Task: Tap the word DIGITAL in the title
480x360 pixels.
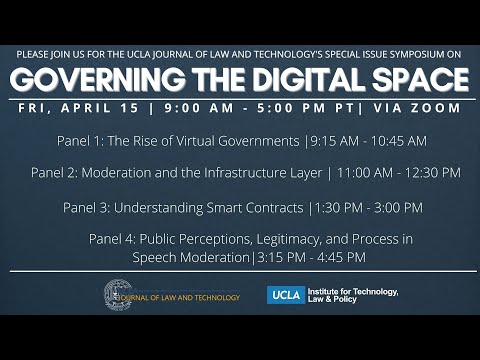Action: [304, 79]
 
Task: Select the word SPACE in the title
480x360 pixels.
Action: [419, 79]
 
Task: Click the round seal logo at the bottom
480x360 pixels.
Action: [119, 295]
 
